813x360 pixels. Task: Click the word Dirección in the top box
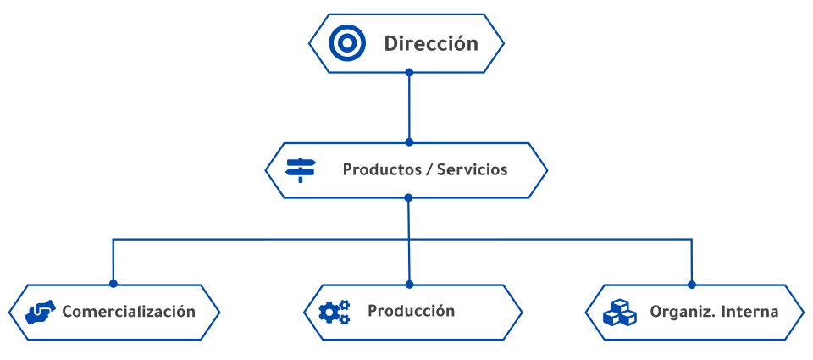(431, 43)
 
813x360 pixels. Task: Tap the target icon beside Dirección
(347, 42)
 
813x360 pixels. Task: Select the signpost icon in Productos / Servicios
(300, 169)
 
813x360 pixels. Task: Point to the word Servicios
(472, 169)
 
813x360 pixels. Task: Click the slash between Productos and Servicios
(429, 169)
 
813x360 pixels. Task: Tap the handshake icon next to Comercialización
(40, 312)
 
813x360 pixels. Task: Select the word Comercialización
(129, 312)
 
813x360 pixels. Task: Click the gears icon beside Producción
(334, 312)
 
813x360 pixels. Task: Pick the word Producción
(411, 311)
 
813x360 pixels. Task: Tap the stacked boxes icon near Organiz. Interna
(619, 313)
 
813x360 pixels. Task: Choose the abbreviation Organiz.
(677, 312)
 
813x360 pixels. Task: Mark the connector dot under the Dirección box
(409, 73)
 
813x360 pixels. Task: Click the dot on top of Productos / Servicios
(409, 141)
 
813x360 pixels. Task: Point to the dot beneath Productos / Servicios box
(408, 198)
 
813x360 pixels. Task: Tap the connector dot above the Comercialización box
(113, 284)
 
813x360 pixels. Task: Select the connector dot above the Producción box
(409, 284)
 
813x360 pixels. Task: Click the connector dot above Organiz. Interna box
(692, 284)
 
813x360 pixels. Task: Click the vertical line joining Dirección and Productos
(409, 108)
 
